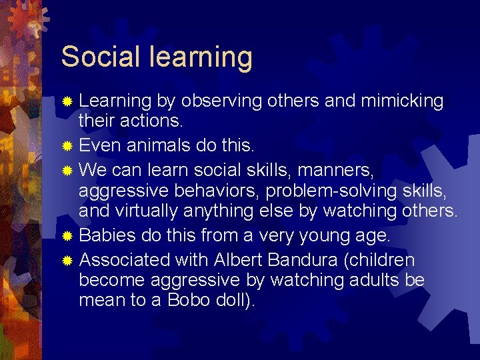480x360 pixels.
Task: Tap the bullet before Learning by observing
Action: point(67,101)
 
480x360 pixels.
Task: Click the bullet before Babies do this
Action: point(67,235)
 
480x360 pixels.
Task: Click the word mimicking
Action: point(402,101)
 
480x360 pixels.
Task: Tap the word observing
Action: point(221,101)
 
